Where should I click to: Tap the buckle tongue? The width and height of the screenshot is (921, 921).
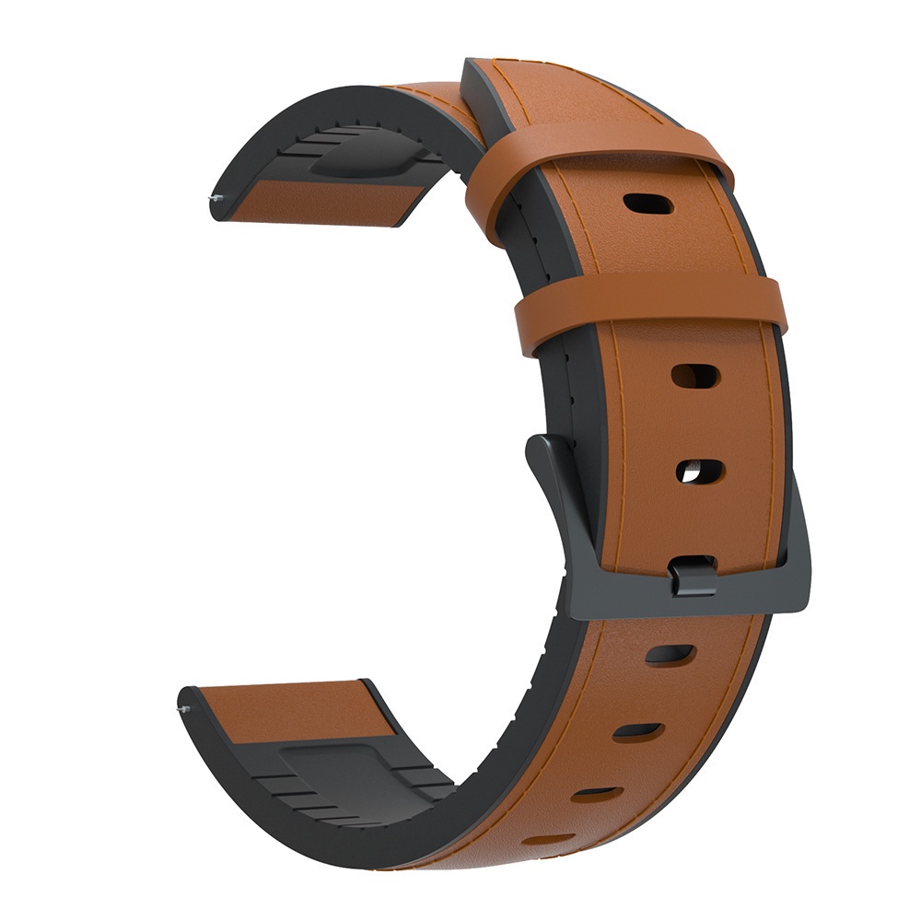coord(693,575)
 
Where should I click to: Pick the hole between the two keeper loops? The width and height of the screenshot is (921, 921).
coord(647,203)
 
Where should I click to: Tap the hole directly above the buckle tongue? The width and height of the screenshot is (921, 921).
coord(699,472)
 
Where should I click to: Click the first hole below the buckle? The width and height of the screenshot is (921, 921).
coord(670,655)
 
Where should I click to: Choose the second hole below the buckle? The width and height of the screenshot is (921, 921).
coord(637,731)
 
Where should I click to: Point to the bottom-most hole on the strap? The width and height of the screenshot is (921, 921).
coord(551,839)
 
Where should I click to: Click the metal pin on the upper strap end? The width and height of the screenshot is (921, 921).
coord(214,197)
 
